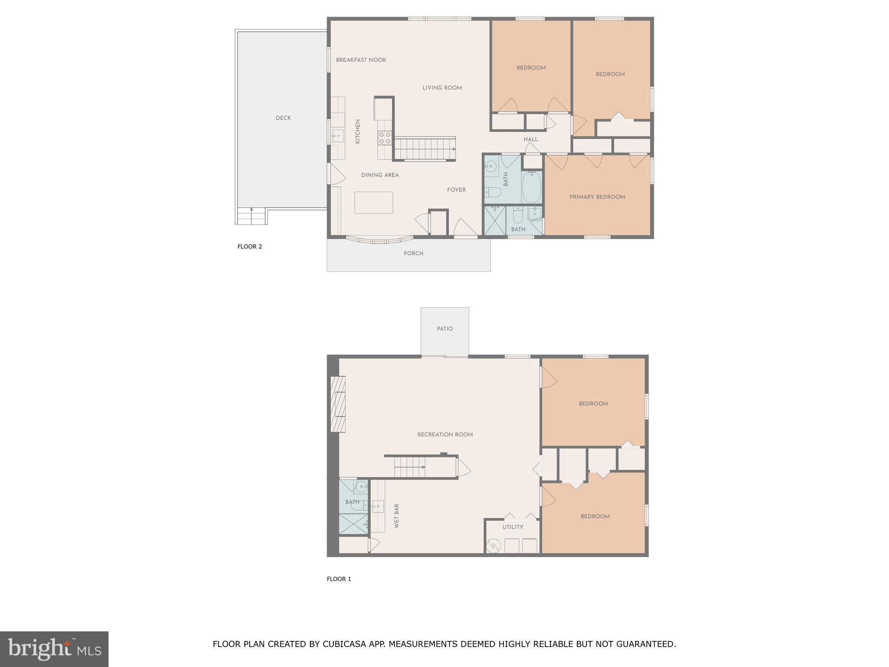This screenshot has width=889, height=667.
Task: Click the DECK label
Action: point(283,118)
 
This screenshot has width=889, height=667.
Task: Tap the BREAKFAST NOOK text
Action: point(361,60)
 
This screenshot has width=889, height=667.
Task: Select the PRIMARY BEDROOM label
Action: point(597,197)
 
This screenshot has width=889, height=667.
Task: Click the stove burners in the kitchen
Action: point(385,138)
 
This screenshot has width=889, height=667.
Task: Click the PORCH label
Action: point(413,254)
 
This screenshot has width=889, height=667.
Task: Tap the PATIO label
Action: point(444,329)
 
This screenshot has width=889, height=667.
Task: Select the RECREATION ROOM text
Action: point(444,435)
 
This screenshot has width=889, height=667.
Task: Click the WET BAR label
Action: point(396,516)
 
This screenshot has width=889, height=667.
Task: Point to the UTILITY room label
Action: point(513,527)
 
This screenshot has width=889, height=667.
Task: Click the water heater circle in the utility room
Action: point(494,546)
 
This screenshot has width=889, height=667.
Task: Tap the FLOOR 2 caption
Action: point(250,247)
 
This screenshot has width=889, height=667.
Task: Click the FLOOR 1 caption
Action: point(339,579)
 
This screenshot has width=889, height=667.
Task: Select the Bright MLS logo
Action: point(54,649)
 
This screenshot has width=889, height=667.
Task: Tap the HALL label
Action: point(530,139)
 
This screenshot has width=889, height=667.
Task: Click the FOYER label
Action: point(456,190)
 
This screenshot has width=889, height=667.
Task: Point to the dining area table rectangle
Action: point(373,202)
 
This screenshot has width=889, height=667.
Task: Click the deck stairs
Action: point(251,216)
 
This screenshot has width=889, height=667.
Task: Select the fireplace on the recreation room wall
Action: point(338,404)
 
